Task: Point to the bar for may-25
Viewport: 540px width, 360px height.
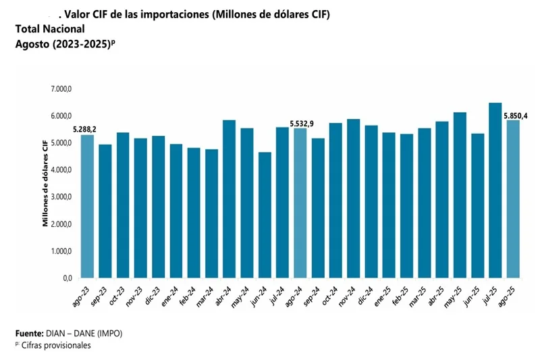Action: (x=460, y=195)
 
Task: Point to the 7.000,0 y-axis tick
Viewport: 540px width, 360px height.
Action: (x=61, y=89)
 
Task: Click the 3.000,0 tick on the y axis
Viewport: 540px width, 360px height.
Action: (x=61, y=197)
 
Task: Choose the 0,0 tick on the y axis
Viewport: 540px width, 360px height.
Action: (x=67, y=278)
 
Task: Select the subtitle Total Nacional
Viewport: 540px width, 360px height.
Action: (x=50, y=29)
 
